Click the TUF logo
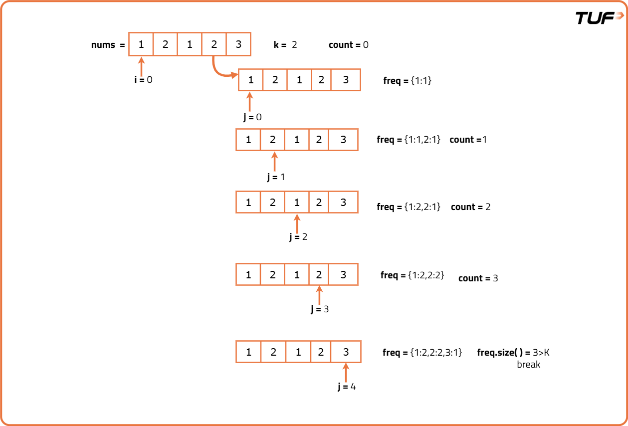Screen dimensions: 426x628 coord(599,17)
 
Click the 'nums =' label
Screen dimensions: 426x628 coord(108,45)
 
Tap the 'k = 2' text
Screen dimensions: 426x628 coord(285,45)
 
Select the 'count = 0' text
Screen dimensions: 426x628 coord(349,45)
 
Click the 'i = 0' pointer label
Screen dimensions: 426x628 coord(143,79)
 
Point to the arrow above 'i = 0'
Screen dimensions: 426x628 coord(141,66)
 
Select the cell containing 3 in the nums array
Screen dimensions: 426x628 coord(238,44)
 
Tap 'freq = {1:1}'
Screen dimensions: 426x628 coord(407,80)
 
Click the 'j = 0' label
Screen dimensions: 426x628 coord(252,117)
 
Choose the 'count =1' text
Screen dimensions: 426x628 coord(468,140)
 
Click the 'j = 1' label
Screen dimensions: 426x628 coord(276,177)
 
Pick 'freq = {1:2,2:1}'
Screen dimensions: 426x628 coord(409,207)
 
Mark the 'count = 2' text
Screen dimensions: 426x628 coord(470,207)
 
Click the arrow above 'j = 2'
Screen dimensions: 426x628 coord(297,222)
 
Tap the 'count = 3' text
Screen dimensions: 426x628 coord(478,278)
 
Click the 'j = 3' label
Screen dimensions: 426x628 coord(320,309)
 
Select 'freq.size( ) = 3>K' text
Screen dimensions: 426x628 coord(513,353)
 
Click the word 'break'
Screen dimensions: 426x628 coord(528,365)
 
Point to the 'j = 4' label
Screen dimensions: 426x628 coord(347,387)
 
